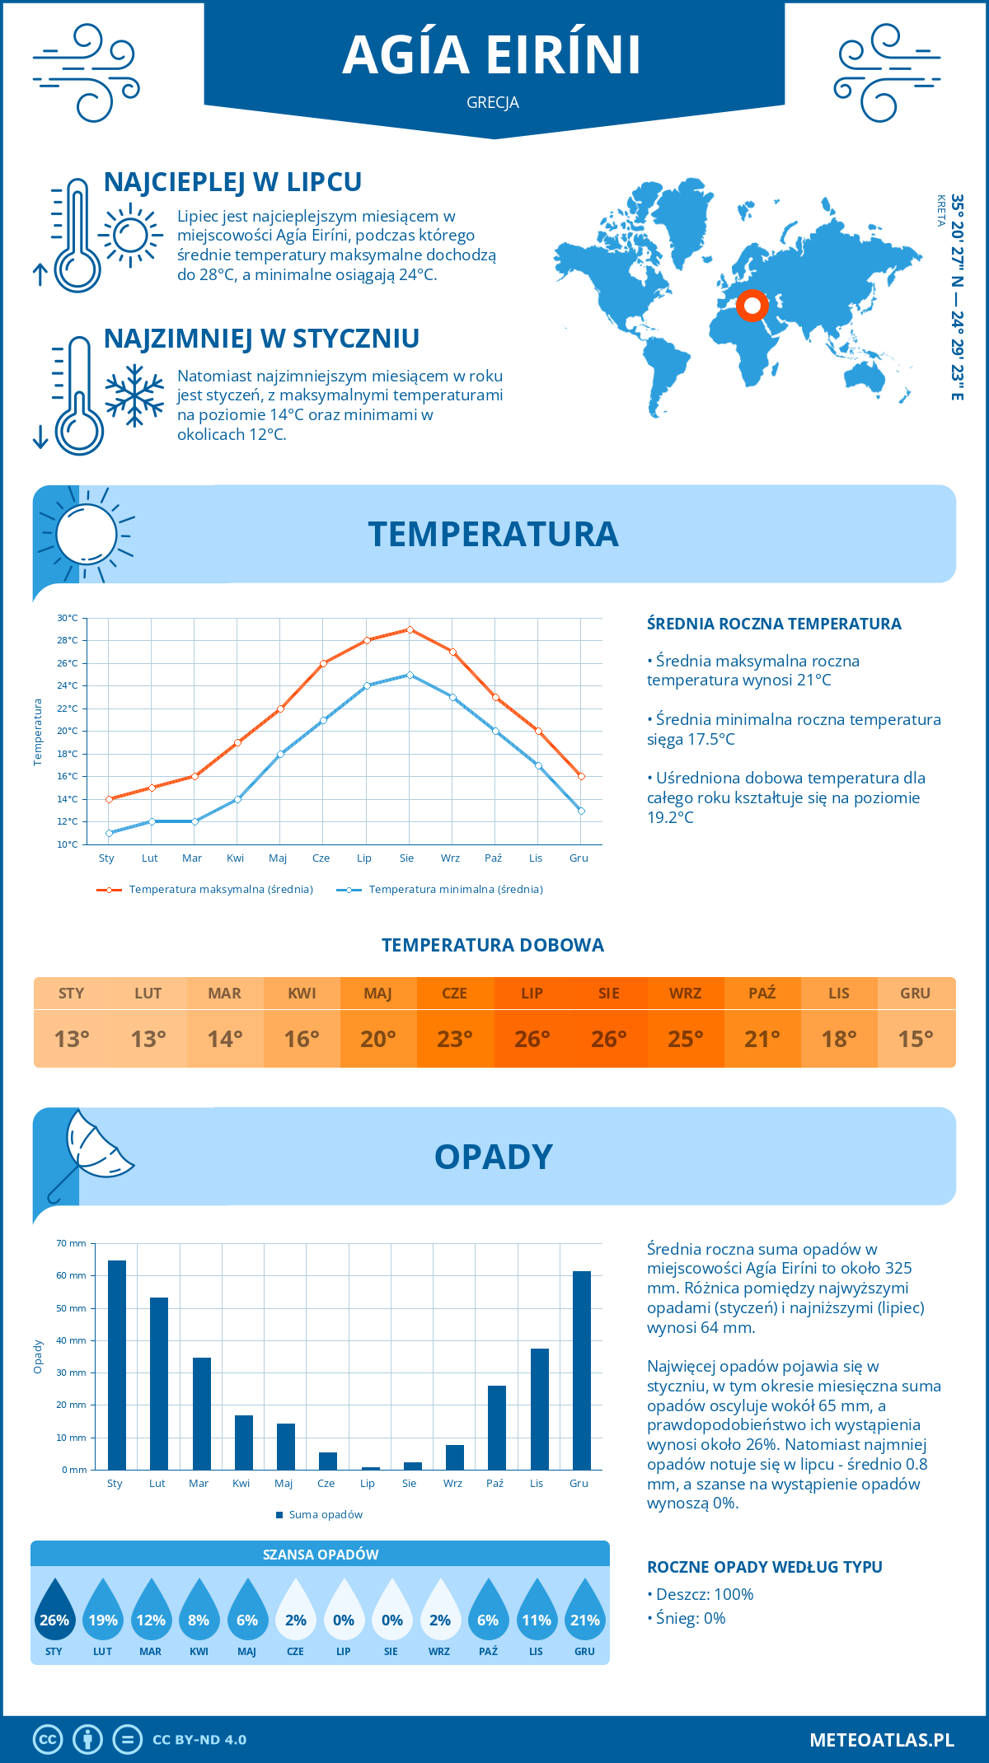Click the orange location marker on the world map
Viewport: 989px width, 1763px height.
click(752, 306)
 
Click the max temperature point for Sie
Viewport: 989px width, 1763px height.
click(410, 629)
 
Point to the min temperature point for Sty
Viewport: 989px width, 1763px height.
click(109, 833)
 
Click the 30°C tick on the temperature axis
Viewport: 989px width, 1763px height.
click(68, 618)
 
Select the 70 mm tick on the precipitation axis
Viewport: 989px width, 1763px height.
click(72, 1243)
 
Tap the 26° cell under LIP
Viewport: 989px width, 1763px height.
click(532, 1039)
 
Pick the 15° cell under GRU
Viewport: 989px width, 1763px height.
click(916, 1039)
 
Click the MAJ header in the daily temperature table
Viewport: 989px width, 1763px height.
click(378, 994)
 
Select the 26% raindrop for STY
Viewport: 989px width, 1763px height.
click(54, 1613)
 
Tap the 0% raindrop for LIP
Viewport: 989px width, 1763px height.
click(344, 1613)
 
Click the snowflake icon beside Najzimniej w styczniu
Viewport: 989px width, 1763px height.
click(134, 395)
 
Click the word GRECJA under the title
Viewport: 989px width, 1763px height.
click(493, 103)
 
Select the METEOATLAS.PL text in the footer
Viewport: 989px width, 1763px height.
click(881, 1740)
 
